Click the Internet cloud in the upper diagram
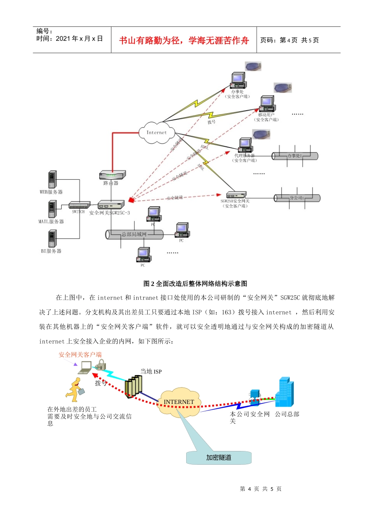(157, 132)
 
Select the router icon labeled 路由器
(112, 175)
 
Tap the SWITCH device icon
(79, 205)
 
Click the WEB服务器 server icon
(52, 179)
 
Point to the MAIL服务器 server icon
(52, 209)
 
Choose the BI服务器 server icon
(52, 238)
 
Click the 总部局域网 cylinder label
(134, 234)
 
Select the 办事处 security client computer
(238, 81)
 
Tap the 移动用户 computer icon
(267, 104)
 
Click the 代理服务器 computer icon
(245, 145)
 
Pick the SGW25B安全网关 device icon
(236, 195)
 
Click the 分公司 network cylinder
(297, 198)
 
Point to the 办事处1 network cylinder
(295, 156)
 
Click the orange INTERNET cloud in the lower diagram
(179, 402)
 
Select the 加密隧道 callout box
(218, 458)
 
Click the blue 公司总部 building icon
(284, 392)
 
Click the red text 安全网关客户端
(80, 355)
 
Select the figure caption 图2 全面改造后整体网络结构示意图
(195, 284)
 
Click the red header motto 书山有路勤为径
(184, 40)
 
